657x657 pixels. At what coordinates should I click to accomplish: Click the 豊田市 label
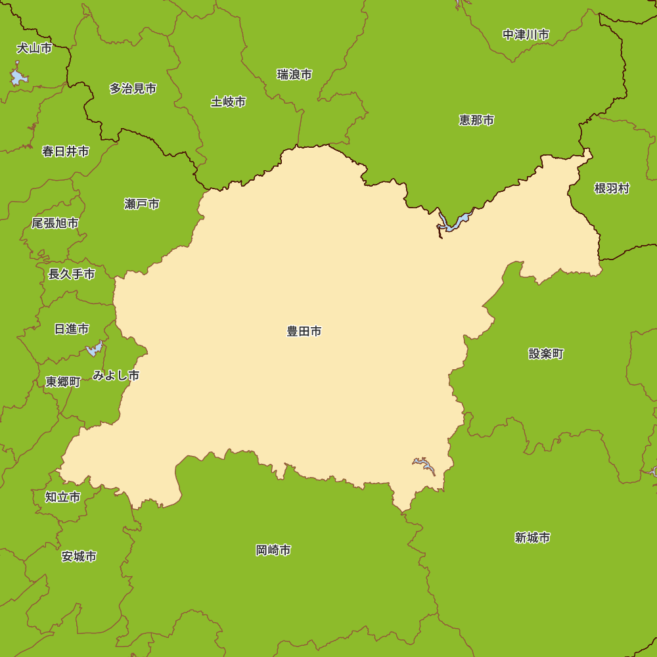304,332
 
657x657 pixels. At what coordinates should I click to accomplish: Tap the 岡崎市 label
273,551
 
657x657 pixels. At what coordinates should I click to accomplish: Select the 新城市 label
532,538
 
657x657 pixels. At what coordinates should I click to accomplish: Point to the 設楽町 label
546,354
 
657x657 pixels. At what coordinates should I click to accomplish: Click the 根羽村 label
612,189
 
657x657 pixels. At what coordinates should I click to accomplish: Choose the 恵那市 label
476,120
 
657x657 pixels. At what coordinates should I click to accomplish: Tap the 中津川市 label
526,35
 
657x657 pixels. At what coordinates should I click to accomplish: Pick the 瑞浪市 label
294,75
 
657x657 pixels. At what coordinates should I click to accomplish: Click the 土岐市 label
229,102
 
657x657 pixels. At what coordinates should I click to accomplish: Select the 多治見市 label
133,88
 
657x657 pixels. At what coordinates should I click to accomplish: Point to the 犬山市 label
34,49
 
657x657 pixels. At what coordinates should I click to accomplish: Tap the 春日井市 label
66,152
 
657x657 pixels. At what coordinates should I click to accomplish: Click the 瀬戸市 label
142,204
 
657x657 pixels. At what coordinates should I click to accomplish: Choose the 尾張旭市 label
55,223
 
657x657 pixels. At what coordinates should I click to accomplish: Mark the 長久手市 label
72,274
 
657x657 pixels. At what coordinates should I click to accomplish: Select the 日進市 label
72,329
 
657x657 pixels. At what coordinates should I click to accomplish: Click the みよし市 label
116,376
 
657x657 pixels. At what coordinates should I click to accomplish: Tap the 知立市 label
63,497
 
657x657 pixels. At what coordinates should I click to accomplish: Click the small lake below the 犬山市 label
18,77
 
